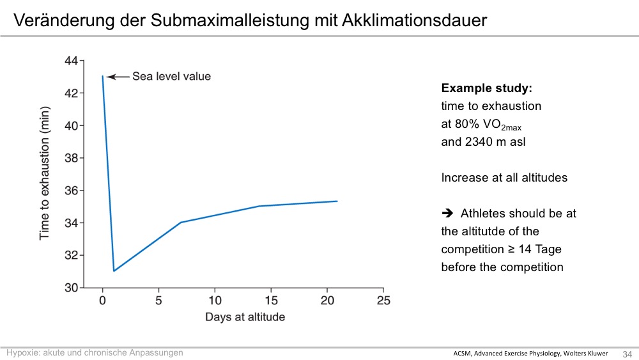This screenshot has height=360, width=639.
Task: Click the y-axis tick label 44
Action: click(71, 61)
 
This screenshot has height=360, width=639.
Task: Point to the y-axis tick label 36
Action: click(71, 191)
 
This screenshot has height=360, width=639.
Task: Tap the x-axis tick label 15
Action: click(271, 301)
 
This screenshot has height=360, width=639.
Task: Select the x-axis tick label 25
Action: click(383, 301)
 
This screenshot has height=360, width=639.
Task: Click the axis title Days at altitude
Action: click(245, 317)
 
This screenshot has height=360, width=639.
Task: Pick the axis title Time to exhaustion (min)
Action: click(44, 173)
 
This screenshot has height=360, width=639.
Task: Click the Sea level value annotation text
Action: click(171, 76)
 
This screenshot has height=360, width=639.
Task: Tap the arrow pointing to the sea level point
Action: click(118, 77)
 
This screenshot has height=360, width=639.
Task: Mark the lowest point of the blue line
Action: click(114, 270)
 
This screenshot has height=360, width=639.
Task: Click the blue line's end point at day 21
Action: click(337, 201)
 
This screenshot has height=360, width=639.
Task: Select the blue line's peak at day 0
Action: click(102, 76)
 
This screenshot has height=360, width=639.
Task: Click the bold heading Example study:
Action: click(486, 88)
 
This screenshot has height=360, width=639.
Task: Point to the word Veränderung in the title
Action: click(64, 20)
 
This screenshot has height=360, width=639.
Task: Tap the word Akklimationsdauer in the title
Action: click(415, 20)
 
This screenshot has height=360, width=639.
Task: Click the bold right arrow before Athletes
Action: click(447, 213)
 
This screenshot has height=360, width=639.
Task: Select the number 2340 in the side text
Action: click(479, 142)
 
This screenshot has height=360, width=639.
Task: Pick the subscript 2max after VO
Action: click(511, 128)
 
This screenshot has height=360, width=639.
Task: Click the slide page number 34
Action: click(627, 354)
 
